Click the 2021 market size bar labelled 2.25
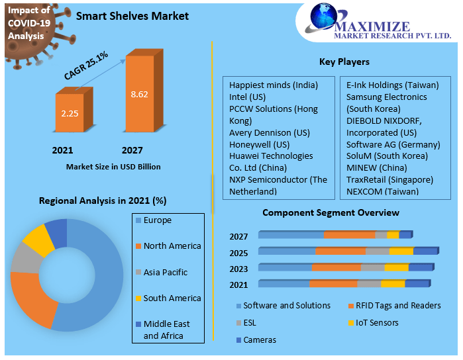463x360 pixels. click(70, 113)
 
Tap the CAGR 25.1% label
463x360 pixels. click(86, 65)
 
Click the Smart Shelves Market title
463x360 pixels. click(132, 16)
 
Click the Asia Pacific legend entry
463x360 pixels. click(165, 272)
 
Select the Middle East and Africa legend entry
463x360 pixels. click(166, 330)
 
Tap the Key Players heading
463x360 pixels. click(344, 62)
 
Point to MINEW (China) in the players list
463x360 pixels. click(377, 167)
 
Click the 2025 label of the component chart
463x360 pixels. click(238, 253)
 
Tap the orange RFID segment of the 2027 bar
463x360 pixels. click(349, 234)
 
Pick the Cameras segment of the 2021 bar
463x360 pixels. click(417, 283)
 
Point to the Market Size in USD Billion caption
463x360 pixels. click(113, 167)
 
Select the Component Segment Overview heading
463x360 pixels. click(331, 212)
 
